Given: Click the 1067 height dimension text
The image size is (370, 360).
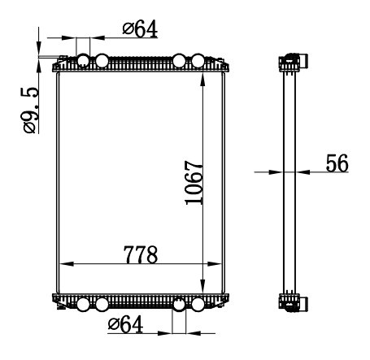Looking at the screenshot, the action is pyautogui.click(x=194, y=183).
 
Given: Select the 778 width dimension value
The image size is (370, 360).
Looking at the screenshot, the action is pyautogui.click(x=141, y=254).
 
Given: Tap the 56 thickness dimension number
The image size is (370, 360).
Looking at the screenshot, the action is pyautogui.click(x=337, y=163).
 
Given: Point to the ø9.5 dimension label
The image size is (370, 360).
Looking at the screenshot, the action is pyautogui.click(x=29, y=111).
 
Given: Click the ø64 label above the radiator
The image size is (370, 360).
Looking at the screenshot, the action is pyautogui.click(x=140, y=28).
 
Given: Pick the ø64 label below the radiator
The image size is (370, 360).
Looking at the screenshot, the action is pyautogui.click(x=125, y=324).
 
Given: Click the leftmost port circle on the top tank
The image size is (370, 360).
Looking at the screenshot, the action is pyautogui.click(x=83, y=61).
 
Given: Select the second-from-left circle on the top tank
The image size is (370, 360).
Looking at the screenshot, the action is pyautogui.click(x=102, y=61).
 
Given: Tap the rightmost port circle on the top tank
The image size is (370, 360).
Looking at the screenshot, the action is pyautogui.click(x=198, y=61).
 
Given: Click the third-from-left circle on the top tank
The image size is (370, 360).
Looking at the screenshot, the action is pyautogui.click(x=179, y=61).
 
